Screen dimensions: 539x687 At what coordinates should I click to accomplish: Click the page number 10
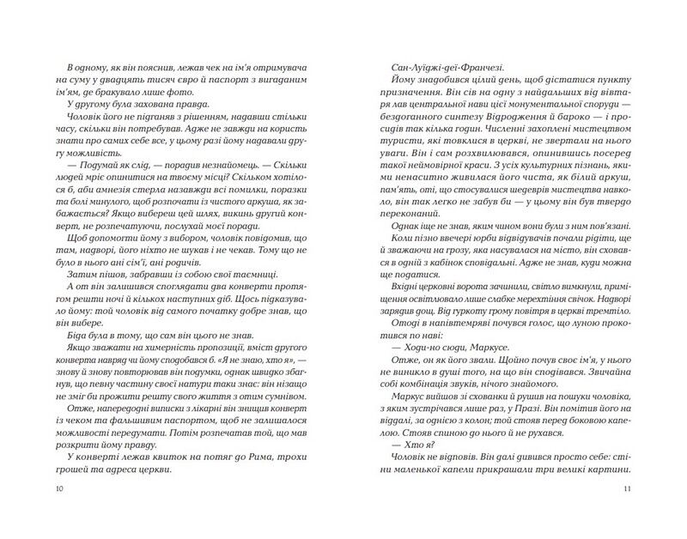(x=58, y=489)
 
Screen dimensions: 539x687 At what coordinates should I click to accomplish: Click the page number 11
(x=629, y=489)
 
